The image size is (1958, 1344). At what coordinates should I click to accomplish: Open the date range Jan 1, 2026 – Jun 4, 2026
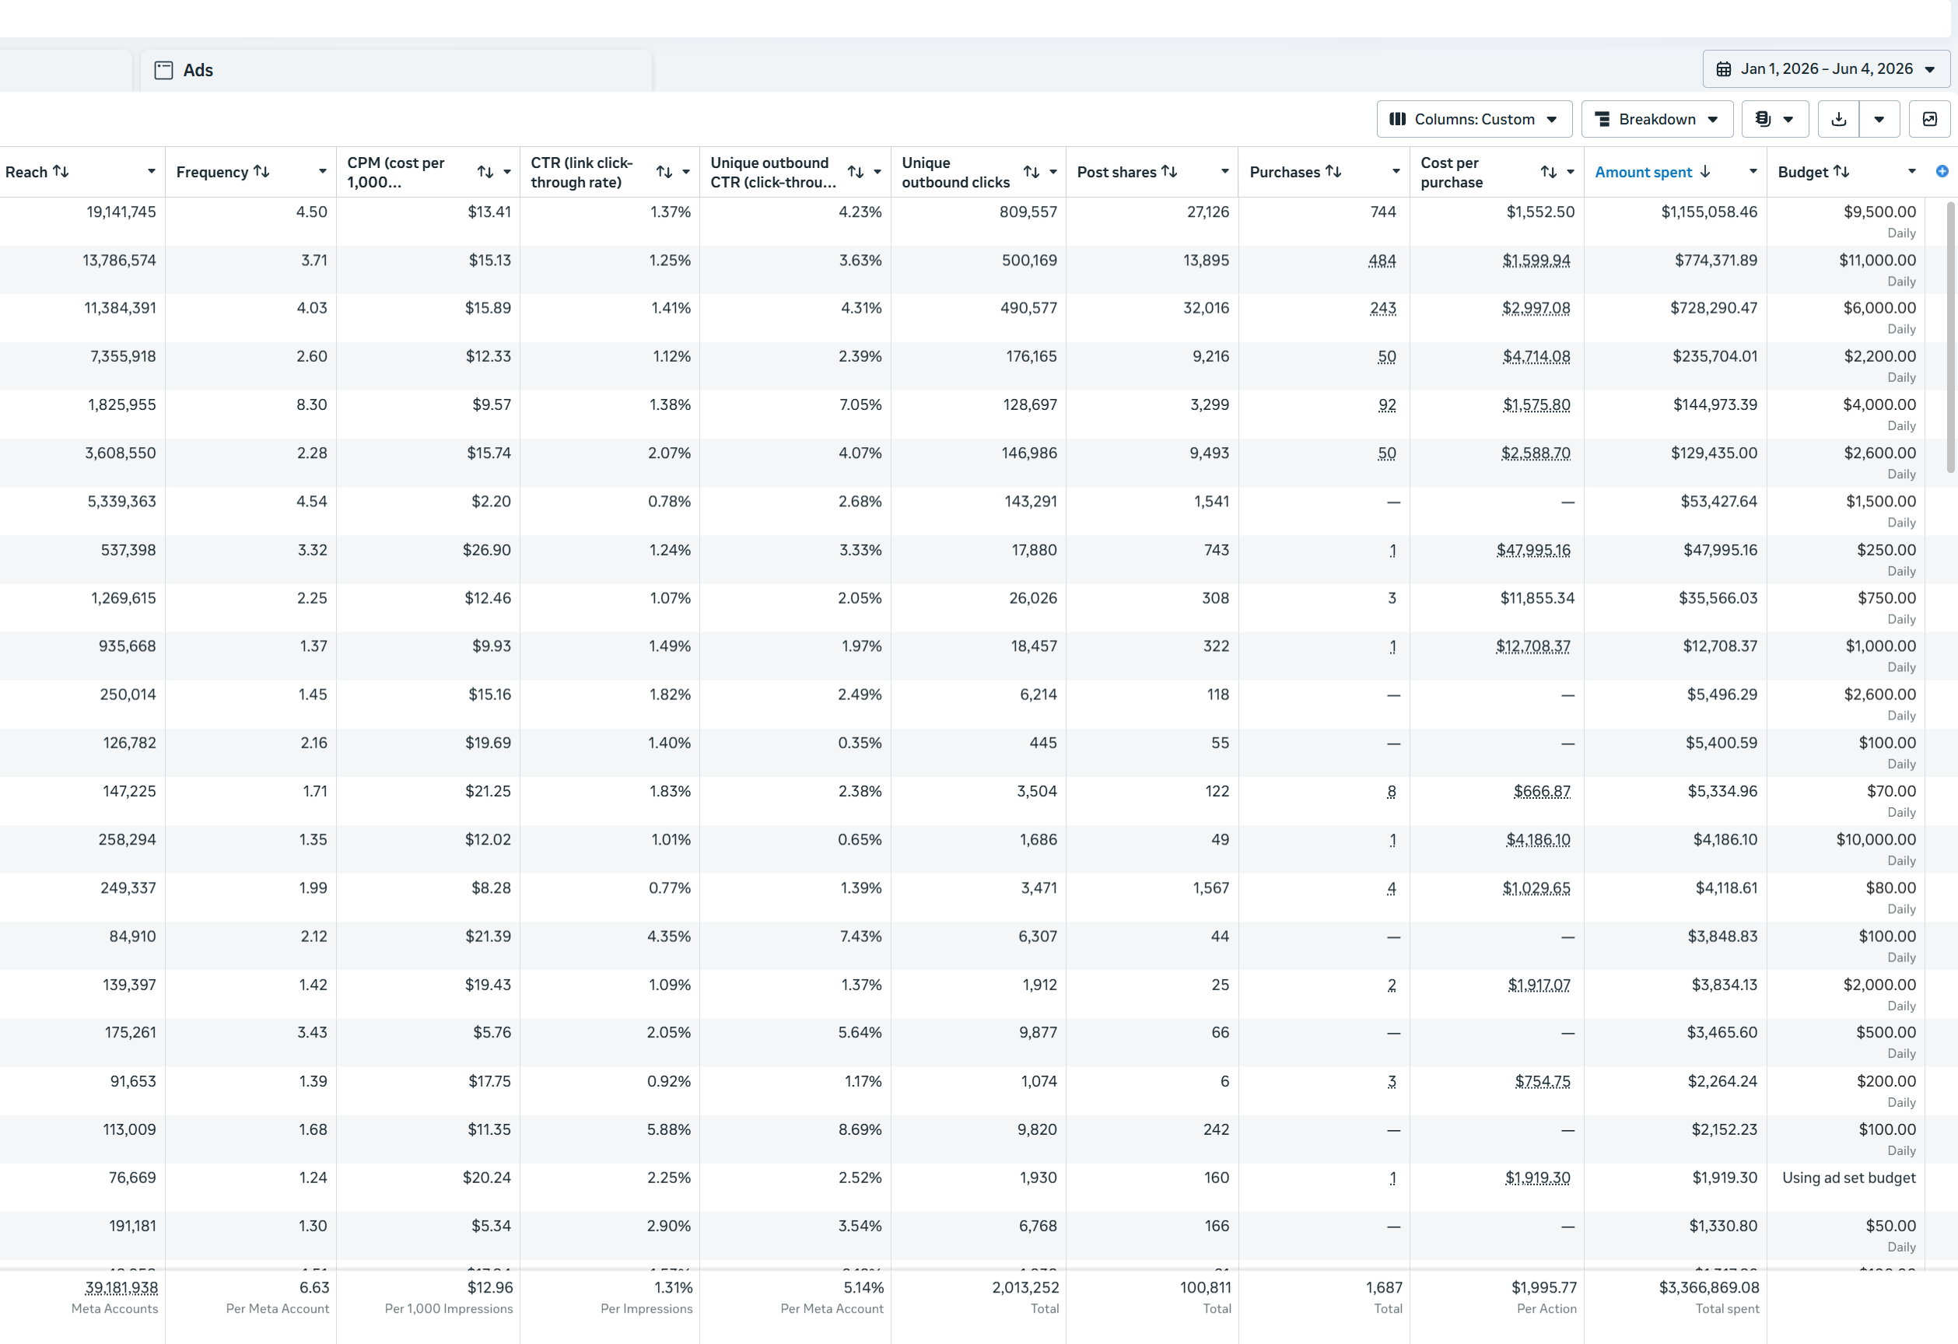(1826, 69)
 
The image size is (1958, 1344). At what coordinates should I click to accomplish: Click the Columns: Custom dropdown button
(1473, 119)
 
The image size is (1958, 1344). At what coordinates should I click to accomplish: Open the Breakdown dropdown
(1656, 119)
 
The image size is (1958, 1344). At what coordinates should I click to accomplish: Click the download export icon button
(1838, 119)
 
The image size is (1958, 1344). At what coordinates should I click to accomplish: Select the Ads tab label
(198, 70)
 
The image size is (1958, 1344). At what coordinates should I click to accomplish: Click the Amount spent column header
(1643, 172)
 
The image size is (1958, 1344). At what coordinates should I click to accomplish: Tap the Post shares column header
(1116, 172)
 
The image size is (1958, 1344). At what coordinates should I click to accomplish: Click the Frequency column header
(212, 172)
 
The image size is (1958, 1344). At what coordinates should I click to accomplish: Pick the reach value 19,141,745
(121, 212)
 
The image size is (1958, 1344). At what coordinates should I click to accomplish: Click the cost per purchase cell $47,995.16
(1533, 550)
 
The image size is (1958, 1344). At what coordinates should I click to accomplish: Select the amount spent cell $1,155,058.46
(1710, 212)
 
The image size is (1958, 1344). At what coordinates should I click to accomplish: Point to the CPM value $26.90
(487, 550)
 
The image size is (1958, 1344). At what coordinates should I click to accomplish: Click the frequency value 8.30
(312, 404)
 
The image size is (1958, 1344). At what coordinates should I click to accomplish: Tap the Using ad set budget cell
(1848, 1178)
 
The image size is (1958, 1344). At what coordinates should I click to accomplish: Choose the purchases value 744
(1383, 212)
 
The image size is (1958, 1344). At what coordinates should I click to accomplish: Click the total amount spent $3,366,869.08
(1710, 1287)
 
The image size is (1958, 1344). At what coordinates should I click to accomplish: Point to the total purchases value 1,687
(1384, 1287)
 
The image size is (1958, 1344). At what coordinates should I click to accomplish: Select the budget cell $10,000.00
(1876, 839)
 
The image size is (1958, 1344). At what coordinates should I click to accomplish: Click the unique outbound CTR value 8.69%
(860, 1129)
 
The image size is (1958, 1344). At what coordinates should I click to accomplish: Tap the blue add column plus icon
(1942, 172)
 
